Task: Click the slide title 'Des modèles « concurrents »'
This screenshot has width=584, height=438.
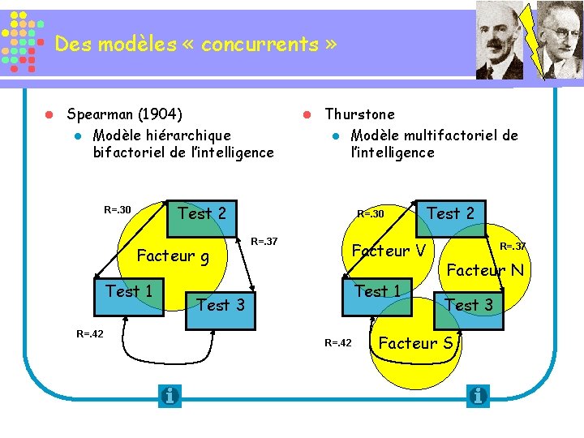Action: [195, 45]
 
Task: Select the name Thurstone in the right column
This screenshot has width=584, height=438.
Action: [359, 114]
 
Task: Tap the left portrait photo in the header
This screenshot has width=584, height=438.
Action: [500, 41]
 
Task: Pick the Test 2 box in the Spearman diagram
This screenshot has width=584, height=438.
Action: [202, 214]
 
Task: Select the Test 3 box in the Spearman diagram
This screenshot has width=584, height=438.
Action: [221, 306]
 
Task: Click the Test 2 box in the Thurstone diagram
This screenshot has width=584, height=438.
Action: [450, 214]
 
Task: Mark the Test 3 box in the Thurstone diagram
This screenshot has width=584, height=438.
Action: [469, 306]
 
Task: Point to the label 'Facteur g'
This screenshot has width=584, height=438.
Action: [173, 256]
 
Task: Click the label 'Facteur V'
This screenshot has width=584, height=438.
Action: [389, 251]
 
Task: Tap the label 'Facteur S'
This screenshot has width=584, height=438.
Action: [415, 343]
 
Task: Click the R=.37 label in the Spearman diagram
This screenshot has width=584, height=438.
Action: [264, 241]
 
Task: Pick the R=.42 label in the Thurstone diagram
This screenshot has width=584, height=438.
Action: [338, 343]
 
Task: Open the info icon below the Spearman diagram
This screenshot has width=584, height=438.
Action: [170, 396]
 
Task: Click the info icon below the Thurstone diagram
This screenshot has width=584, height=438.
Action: [478, 396]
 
